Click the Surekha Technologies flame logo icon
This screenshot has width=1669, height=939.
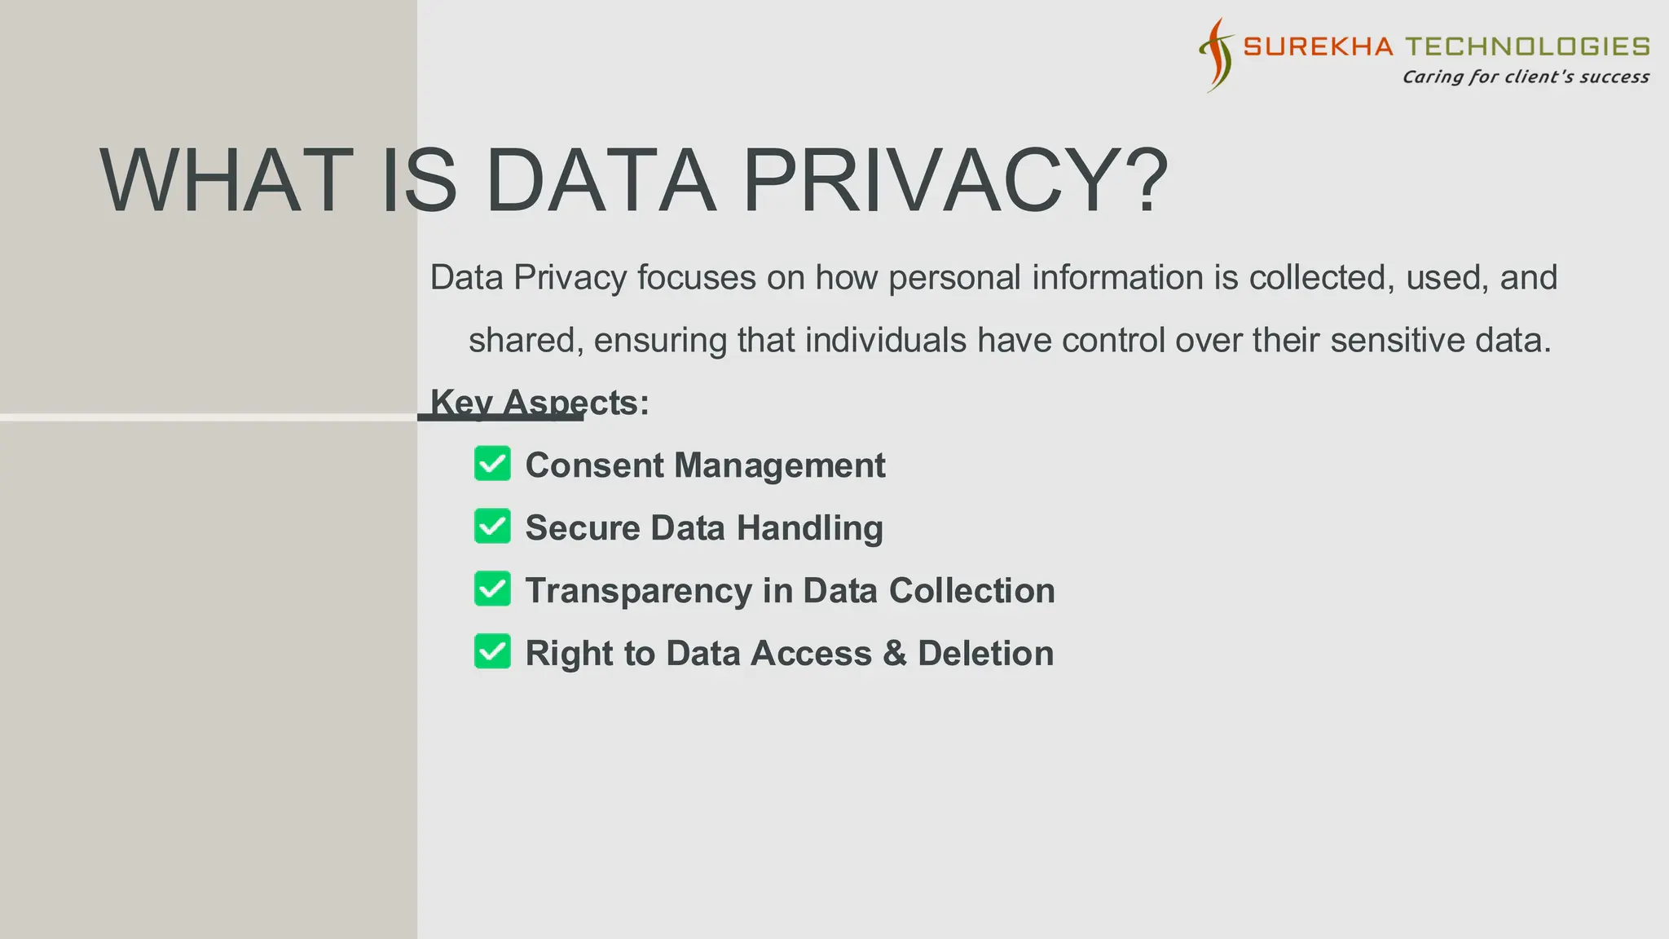[1216, 55]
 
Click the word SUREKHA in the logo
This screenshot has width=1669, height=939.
[1318, 46]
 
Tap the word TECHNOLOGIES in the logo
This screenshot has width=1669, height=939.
[1528, 46]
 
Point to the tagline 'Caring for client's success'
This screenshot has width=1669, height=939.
[1526, 77]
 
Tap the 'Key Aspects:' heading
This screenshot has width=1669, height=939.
[539, 403]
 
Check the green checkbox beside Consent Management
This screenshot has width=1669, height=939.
[492, 464]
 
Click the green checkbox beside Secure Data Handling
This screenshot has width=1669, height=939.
[492, 527]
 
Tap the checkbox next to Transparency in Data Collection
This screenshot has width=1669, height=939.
[492, 589]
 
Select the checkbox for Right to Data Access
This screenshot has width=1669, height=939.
[492, 652]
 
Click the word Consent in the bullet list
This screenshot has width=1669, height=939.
[595, 465]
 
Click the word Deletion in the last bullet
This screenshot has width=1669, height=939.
[985, 654]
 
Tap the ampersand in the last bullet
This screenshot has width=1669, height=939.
[894, 654]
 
